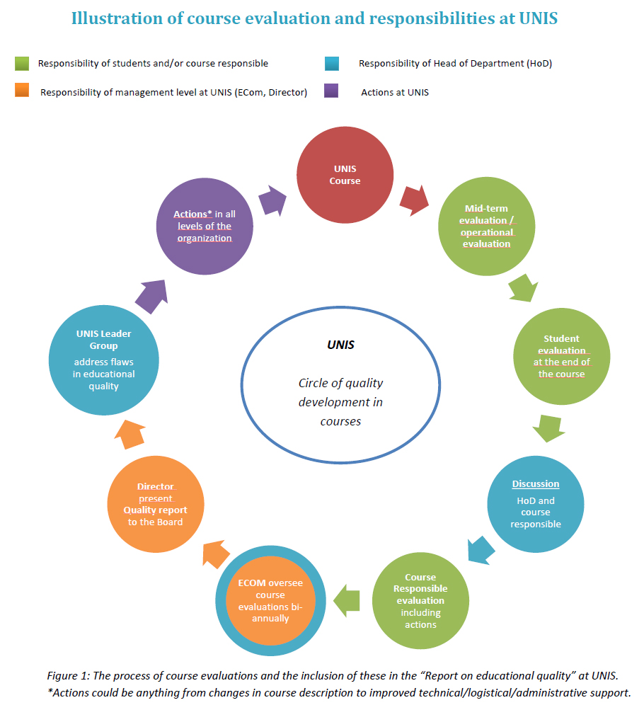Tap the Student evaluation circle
tap(561, 356)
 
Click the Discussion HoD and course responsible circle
tap(535, 504)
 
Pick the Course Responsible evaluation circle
tap(420, 601)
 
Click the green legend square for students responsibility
tap(22, 64)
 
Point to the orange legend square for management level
tap(22, 91)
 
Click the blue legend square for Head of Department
tap(332, 64)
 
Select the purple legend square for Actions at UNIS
tap(332, 91)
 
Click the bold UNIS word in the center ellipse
tap(340, 345)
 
